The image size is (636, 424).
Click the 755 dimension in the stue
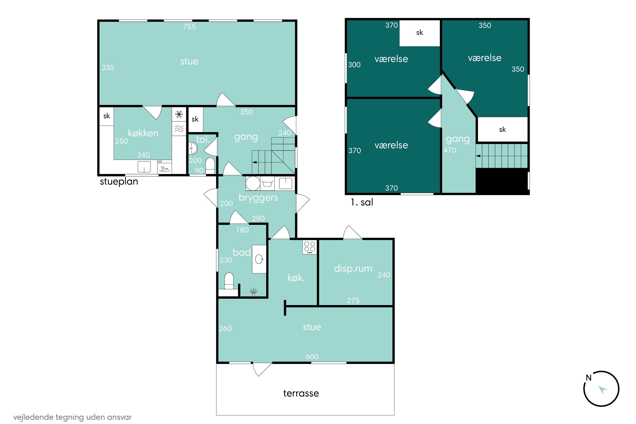click(189, 26)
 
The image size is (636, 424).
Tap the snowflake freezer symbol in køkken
click(179, 114)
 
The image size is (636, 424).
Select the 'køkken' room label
click(143, 133)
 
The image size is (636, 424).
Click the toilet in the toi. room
click(210, 166)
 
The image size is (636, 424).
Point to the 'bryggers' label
click(258, 198)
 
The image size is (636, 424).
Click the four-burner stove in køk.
click(310, 247)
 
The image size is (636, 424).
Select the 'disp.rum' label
click(353, 269)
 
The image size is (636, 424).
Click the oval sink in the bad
click(259, 259)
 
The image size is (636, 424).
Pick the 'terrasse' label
click(301, 393)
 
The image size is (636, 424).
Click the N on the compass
click(589, 378)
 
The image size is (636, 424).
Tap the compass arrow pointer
click(603, 390)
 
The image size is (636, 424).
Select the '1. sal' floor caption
click(362, 202)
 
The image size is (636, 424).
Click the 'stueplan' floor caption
click(119, 181)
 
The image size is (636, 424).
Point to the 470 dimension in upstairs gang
click(450, 150)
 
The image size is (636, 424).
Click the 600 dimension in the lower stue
click(312, 356)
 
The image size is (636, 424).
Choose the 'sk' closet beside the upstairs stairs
click(502, 130)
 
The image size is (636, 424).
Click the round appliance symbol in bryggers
click(253, 183)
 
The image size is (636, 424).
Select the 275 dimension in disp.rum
click(353, 300)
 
